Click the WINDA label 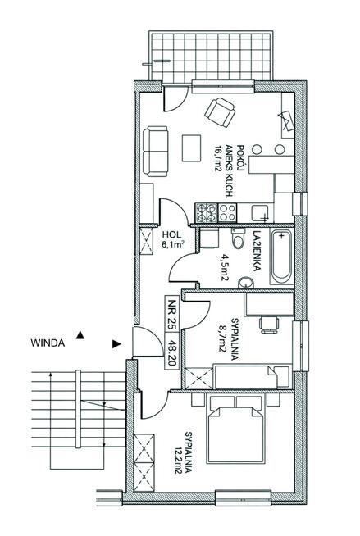pos(48,343)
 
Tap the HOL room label pos(171,234)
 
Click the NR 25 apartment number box pos(171,314)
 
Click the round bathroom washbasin pos(245,283)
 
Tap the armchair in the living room pos(220,113)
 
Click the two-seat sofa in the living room pos(155,152)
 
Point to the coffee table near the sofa pos(191,148)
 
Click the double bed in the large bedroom pos(235,429)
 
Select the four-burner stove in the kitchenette pos(206,212)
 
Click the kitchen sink pos(260,213)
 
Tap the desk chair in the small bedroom pos(270,324)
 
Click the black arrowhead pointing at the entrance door pos(117,344)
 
